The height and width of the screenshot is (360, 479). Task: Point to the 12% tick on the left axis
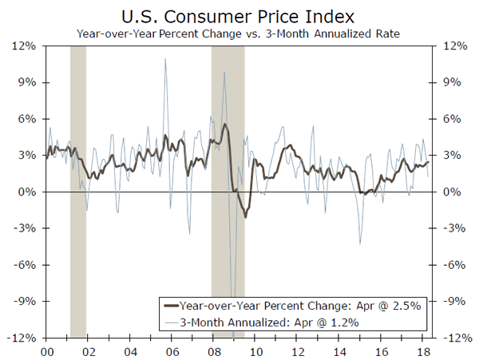click(x=24, y=45)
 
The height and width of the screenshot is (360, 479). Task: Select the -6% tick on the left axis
click(x=24, y=265)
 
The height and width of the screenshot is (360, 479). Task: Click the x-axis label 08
click(x=212, y=351)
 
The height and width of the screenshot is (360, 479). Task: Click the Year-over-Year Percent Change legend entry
click(x=305, y=305)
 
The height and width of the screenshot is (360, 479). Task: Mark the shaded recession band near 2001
click(x=77, y=192)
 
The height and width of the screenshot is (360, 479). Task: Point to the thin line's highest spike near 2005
click(x=165, y=60)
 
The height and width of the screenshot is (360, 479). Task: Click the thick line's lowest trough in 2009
click(x=245, y=216)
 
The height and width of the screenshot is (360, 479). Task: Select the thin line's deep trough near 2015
click(x=360, y=243)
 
